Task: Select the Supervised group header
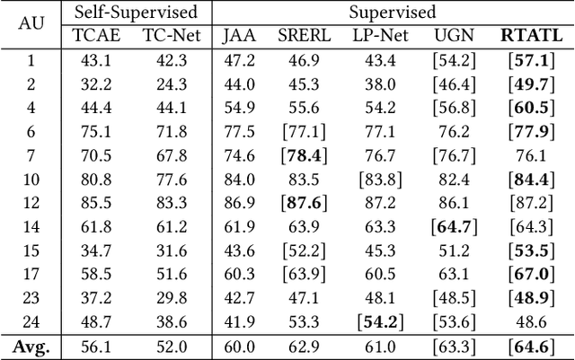click(394, 13)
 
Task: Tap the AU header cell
click(31, 24)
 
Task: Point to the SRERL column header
click(304, 36)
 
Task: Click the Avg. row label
click(31, 346)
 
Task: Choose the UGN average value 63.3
click(453, 346)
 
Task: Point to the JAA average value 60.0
click(238, 346)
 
